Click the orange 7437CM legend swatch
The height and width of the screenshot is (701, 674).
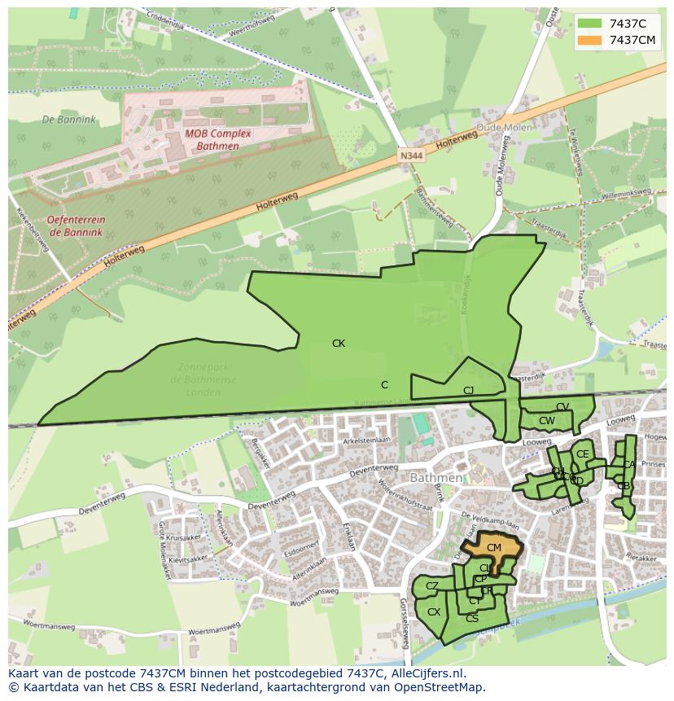pyautogui.click(x=591, y=40)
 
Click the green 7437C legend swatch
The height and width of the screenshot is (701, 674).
pyautogui.click(x=591, y=23)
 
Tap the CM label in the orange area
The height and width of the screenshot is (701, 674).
pyautogui.click(x=494, y=548)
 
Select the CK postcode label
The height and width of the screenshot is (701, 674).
pyautogui.click(x=339, y=344)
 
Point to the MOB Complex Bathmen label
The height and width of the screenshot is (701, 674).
pyautogui.click(x=217, y=140)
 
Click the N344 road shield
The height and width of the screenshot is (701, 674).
pyautogui.click(x=411, y=155)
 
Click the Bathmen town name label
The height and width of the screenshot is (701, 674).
pyautogui.click(x=436, y=478)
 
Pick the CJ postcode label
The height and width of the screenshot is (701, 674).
pyautogui.click(x=468, y=391)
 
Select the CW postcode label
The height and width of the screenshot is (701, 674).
pyautogui.click(x=547, y=421)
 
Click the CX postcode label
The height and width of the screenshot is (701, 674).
pyautogui.click(x=434, y=612)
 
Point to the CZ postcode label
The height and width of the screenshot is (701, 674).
pyautogui.click(x=432, y=586)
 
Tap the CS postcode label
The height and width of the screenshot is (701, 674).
pyautogui.click(x=472, y=619)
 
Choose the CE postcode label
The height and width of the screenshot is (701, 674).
pyautogui.click(x=582, y=454)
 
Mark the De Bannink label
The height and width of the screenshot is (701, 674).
pyautogui.click(x=69, y=120)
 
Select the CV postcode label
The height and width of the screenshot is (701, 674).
pyautogui.click(x=562, y=407)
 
